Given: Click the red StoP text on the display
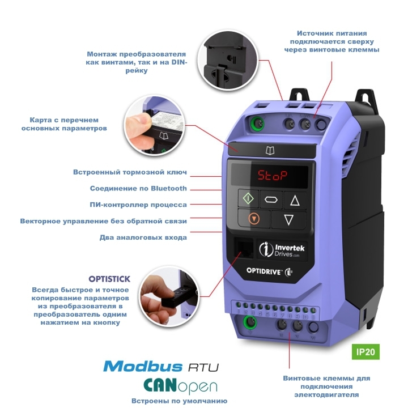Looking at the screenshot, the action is pyautogui.click(x=273, y=176).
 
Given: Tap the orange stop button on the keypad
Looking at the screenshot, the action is pyautogui.click(x=254, y=219).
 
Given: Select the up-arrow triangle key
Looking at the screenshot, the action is pyautogui.click(x=295, y=201).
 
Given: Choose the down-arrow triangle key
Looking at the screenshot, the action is pyautogui.click(x=288, y=220).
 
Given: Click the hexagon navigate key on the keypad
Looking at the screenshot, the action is pyautogui.click(x=271, y=199).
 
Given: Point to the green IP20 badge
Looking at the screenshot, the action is pyautogui.click(x=365, y=352).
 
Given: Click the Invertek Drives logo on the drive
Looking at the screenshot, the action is pyautogui.click(x=282, y=250).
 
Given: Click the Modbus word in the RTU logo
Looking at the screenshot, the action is pyautogui.click(x=143, y=366).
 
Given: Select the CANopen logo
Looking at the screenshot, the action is pyautogui.click(x=180, y=386).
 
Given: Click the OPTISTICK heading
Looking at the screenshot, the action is pyautogui.click(x=109, y=279).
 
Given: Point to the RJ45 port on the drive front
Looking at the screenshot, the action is pyautogui.click(x=244, y=248).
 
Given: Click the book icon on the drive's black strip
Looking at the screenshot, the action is pyautogui.click(x=270, y=150).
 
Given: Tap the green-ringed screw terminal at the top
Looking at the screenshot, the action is pyautogui.click(x=257, y=123).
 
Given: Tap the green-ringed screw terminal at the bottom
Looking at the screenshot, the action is pyautogui.click(x=250, y=322).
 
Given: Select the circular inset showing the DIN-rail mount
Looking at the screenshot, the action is pyautogui.click(x=227, y=60).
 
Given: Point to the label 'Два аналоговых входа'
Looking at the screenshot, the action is pyautogui.click(x=143, y=237).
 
